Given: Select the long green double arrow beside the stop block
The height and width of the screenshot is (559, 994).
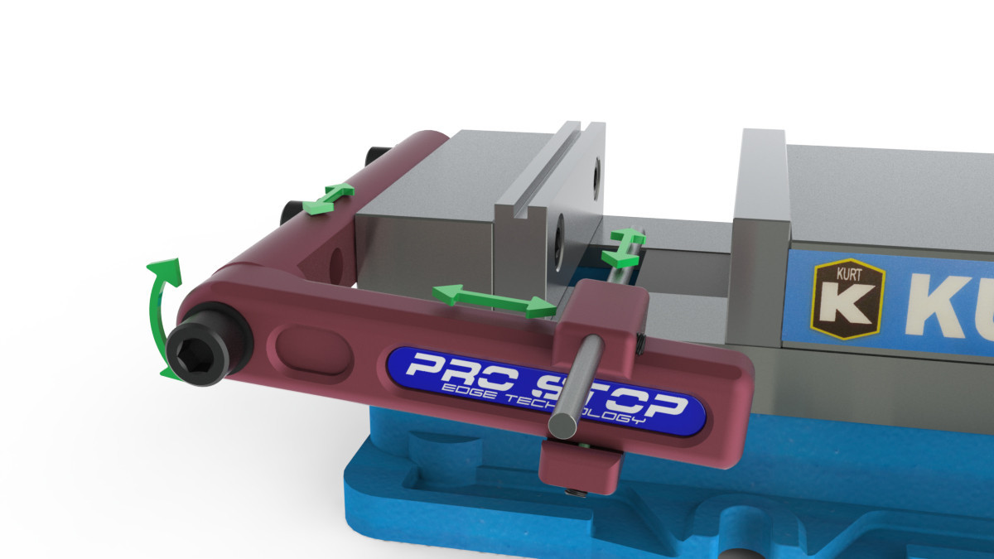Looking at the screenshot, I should (494, 299).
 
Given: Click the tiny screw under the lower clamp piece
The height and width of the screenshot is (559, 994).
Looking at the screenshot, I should (577, 494).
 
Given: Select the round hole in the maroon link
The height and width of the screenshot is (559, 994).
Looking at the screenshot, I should (336, 263).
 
